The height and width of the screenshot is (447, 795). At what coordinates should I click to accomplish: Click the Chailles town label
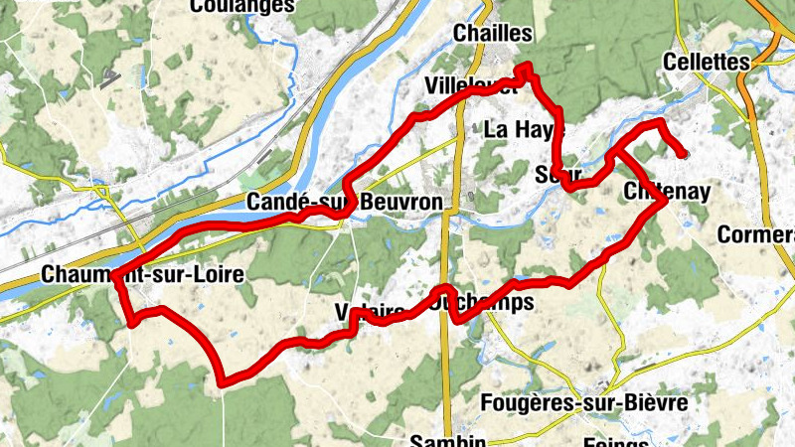tap(492, 33)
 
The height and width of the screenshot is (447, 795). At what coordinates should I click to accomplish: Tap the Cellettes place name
tap(705, 62)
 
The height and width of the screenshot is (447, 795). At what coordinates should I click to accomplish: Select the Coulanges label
tap(241, 6)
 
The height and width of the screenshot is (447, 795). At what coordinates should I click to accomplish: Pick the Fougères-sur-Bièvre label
tap(582, 403)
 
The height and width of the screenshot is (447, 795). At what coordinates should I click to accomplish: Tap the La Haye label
tap(525, 128)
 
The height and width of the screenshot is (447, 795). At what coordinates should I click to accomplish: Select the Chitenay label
tap(668, 191)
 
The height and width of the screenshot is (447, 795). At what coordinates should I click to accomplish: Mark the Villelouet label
tap(470, 84)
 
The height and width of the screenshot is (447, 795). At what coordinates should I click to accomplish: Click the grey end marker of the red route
tap(684, 153)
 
